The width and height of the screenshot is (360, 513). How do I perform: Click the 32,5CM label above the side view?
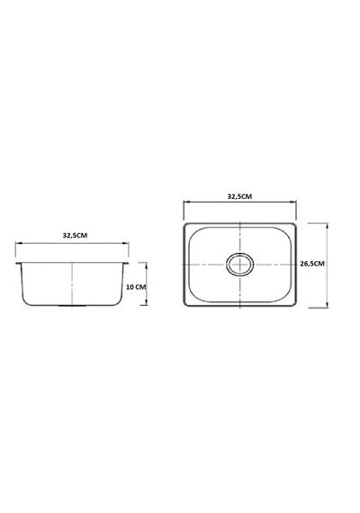pos(75,235)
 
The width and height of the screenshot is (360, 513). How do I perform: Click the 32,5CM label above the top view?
pos(240,196)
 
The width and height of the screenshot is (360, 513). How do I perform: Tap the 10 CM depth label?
pos(136,287)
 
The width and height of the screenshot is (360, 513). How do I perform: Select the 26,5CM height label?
pos(312,264)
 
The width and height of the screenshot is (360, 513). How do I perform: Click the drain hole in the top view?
pos(240,264)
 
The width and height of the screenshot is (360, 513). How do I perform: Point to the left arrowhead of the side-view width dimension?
pos(18,243)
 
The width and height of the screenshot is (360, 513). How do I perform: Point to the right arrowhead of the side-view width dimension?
pos(126,243)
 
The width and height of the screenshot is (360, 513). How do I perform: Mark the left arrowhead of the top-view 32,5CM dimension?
pos(186,202)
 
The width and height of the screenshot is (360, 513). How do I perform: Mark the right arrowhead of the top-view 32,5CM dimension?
pos(293,202)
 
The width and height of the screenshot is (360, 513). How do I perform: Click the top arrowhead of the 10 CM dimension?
pos(146,265)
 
